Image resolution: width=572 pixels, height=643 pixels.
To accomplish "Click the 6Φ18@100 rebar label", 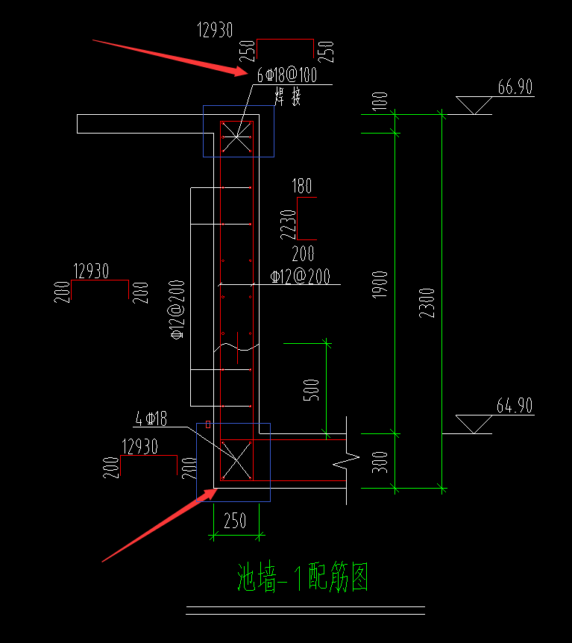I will tap(287, 75).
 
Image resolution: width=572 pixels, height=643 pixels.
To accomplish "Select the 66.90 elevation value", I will tap(515, 87).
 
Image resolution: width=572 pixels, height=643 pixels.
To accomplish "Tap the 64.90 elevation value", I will tap(515, 406).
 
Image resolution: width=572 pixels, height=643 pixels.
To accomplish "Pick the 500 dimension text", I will tap(312, 390).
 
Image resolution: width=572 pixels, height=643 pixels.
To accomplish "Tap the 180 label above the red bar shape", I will tap(302, 186).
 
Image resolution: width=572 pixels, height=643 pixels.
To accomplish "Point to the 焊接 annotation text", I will tap(288, 96).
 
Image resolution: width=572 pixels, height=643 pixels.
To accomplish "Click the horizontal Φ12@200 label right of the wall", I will tap(300, 277).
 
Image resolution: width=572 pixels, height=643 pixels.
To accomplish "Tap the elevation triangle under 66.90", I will tap(473, 105).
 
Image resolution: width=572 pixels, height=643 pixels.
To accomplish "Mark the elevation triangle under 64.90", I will tap(473, 424).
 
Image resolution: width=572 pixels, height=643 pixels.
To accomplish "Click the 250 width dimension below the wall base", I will tap(235, 521).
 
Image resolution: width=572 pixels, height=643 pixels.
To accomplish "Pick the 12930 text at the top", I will tap(215, 31).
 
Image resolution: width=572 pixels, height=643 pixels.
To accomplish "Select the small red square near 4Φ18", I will tap(208, 424).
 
